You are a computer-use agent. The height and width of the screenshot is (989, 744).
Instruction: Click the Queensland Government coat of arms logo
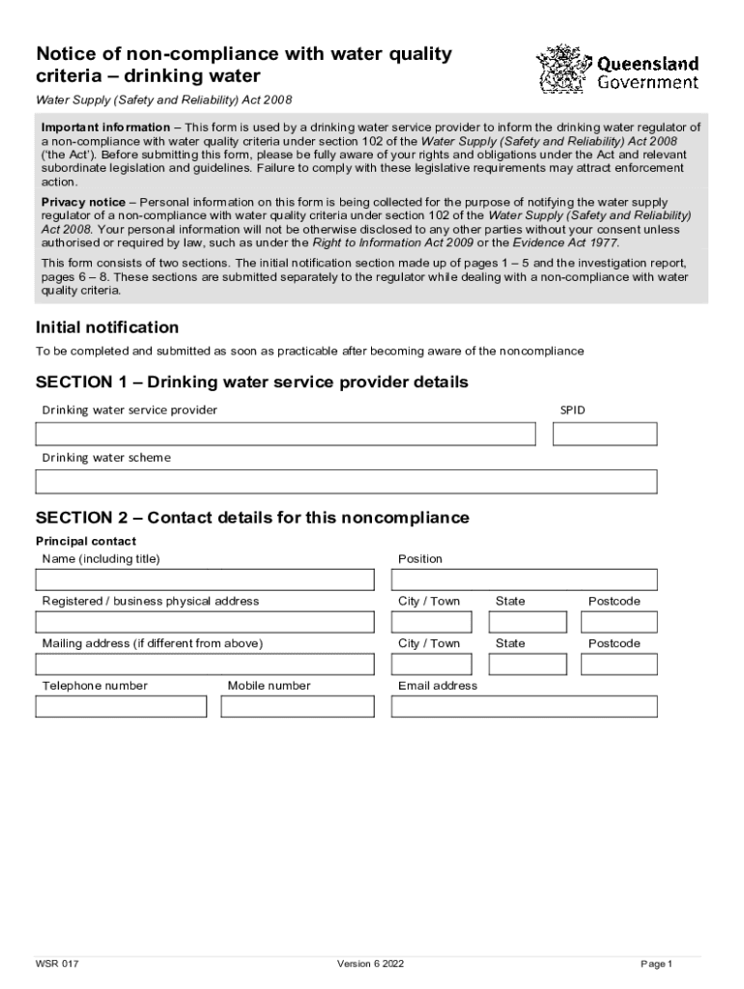pos(562,69)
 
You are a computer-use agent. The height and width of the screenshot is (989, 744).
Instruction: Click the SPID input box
pos(604,435)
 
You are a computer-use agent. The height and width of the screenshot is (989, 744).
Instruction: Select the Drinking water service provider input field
pos(285,435)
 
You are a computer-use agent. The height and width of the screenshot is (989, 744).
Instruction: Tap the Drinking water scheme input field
pos(346,481)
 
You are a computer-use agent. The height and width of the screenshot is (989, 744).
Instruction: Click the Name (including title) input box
pos(205,579)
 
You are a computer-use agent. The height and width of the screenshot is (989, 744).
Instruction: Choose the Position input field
pos(524,579)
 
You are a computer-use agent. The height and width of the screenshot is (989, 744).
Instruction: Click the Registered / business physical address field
pos(205,622)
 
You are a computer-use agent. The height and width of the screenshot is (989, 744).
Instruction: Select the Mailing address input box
pos(205,664)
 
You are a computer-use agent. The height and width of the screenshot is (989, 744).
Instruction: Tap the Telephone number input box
pos(121,707)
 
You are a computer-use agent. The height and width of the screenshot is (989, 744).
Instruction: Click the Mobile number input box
pos(298,707)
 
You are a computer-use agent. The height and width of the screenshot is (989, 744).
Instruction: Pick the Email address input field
pos(524,707)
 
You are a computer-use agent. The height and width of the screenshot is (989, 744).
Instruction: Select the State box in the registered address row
pos(528,622)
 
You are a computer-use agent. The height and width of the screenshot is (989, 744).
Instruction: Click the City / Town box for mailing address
pos(432,664)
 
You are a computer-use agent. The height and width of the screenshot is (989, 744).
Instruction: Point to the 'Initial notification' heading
pos(107,327)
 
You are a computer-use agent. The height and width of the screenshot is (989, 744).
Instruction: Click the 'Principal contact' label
pos(86,541)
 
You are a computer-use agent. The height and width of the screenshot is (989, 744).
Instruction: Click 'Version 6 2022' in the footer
pos(370,964)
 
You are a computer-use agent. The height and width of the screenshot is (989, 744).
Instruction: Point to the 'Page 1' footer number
pos(655,964)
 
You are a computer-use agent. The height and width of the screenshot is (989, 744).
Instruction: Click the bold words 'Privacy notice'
pos(83,202)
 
